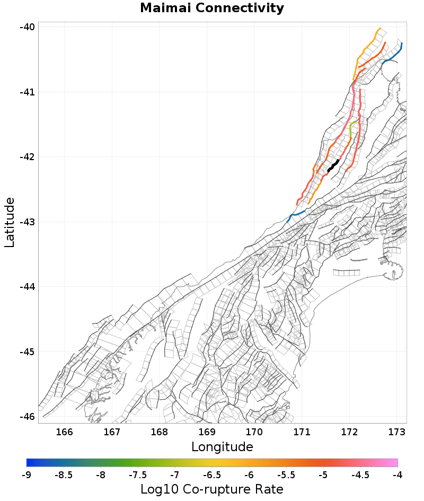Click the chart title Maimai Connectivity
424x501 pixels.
click(212, 8)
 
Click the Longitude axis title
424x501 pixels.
click(222, 446)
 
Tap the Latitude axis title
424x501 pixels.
click(10, 222)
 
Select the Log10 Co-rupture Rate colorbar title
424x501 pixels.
click(212, 489)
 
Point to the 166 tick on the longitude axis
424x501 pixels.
click(64, 432)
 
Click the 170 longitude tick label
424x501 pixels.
click(254, 432)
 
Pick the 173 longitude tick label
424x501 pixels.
click(396, 432)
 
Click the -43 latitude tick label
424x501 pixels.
click(26, 222)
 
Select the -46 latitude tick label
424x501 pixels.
click(26, 417)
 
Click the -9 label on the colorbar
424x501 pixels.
click(26, 475)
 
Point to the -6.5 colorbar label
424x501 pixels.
click(212, 475)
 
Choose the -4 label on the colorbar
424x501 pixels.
click(397, 475)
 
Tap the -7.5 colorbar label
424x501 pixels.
click(138, 475)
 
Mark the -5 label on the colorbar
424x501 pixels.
click(323, 475)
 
